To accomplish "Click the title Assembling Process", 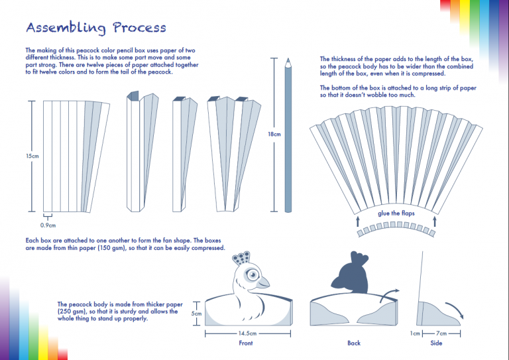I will [x=96, y=28].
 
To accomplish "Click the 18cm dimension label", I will [x=274, y=135].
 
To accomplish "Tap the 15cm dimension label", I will [x=32, y=156].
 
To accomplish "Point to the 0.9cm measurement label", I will [x=48, y=225].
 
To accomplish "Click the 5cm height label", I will [x=196, y=314].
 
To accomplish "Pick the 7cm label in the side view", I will [x=441, y=333].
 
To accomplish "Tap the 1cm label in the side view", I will [x=416, y=333].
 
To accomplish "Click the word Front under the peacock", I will [x=245, y=343].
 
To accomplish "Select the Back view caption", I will [x=354, y=343].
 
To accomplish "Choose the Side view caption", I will [x=435, y=343].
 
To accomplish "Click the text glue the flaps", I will [x=396, y=213].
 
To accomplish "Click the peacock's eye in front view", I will [x=252, y=273].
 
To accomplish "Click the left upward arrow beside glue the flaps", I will [x=358, y=219].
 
